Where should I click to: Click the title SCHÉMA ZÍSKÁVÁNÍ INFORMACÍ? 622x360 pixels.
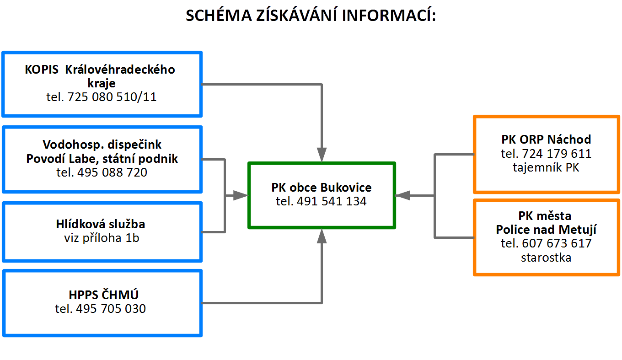point(311,16)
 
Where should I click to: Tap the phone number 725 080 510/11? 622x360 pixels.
point(102,97)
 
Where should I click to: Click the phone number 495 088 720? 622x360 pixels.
point(102,172)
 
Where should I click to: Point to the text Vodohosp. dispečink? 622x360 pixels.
point(102,145)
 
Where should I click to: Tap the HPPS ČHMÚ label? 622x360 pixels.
point(102,294)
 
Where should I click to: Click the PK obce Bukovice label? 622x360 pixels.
point(322,187)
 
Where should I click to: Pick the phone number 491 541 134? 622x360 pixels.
point(322,201)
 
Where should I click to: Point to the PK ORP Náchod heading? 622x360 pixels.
point(546,139)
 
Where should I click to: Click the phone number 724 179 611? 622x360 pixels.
point(546,154)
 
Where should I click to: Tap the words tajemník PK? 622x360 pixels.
point(546,168)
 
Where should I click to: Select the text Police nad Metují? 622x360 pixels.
point(546,229)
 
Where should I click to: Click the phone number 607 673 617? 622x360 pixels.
point(546,243)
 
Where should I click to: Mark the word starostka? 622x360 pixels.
point(546,258)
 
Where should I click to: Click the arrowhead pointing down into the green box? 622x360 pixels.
point(322,155)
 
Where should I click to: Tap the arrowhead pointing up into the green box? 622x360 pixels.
point(322,236)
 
